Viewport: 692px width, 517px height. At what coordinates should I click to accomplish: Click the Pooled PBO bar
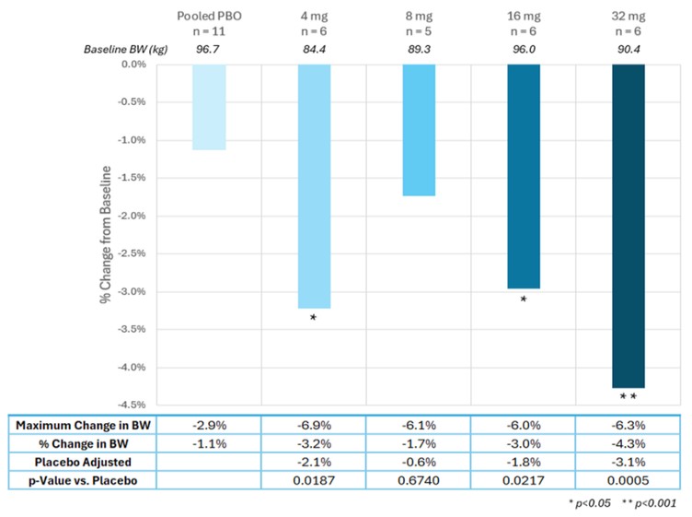(x=209, y=107)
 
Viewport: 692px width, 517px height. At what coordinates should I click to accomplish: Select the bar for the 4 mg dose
(x=314, y=186)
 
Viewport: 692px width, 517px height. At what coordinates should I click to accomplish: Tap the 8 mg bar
(x=419, y=130)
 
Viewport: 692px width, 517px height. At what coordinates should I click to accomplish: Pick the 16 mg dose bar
(x=524, y=176)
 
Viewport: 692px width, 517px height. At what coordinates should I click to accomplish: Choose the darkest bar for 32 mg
(x=629, y=226)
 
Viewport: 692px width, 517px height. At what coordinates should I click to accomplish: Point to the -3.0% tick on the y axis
(x=132, y=291)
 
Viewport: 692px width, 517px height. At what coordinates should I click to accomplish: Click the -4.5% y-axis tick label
(x=132, y=405)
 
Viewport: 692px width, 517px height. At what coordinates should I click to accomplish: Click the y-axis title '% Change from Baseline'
(x=106, y=235)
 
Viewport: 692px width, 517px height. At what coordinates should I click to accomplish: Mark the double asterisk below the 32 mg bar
(x=629, y=396)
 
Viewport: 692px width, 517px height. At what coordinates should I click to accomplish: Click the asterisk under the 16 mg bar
(x=524, y=300)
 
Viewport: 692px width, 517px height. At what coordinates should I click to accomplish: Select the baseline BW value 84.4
(x=314, y=49)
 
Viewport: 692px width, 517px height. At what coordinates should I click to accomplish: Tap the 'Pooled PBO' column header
(x=209, y=16)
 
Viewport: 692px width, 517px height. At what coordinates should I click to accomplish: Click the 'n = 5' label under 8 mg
(x=419, y=31)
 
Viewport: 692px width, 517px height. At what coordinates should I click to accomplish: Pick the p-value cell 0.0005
(x=628, y=480)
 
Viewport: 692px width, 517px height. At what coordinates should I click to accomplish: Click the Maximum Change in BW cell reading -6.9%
(x=314, y=425)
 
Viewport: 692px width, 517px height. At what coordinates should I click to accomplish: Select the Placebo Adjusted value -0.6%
(x=419, y=462)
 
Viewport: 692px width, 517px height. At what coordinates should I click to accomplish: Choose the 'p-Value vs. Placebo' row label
(x=83, y=480)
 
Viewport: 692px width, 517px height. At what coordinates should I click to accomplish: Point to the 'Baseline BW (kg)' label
(x=126, y=49)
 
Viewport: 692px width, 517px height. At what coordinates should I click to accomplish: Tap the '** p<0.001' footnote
(x=649, y=503)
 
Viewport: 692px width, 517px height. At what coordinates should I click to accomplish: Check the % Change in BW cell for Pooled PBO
(x=209, y=443)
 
